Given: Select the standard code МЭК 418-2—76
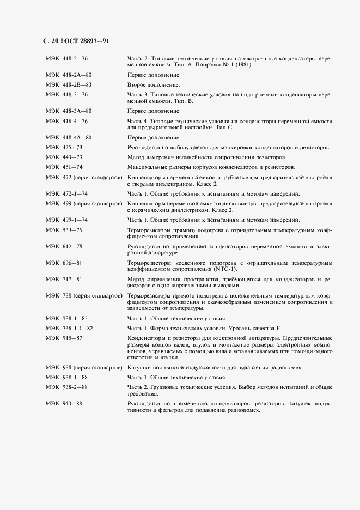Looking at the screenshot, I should click(67, 58).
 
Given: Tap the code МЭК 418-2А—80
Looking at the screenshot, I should click(69, 75).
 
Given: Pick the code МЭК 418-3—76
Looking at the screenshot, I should click(67, 94).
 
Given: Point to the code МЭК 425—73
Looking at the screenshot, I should click(64, 148).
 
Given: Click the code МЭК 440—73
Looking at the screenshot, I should click(64, 157).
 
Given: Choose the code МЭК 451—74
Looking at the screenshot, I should click(64, 166).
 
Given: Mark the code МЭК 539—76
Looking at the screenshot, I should click(64, 230).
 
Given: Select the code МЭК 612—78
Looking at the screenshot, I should click(64, 247).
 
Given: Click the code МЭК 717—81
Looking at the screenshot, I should click(64, 279).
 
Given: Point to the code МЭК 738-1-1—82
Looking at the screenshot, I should click(70, 328).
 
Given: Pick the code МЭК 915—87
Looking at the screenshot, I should click(64, 338).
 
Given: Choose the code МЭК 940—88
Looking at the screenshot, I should click(64, 404).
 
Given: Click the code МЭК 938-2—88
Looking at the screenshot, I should click(67, 387).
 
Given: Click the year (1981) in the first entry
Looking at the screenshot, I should click(243, 64).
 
